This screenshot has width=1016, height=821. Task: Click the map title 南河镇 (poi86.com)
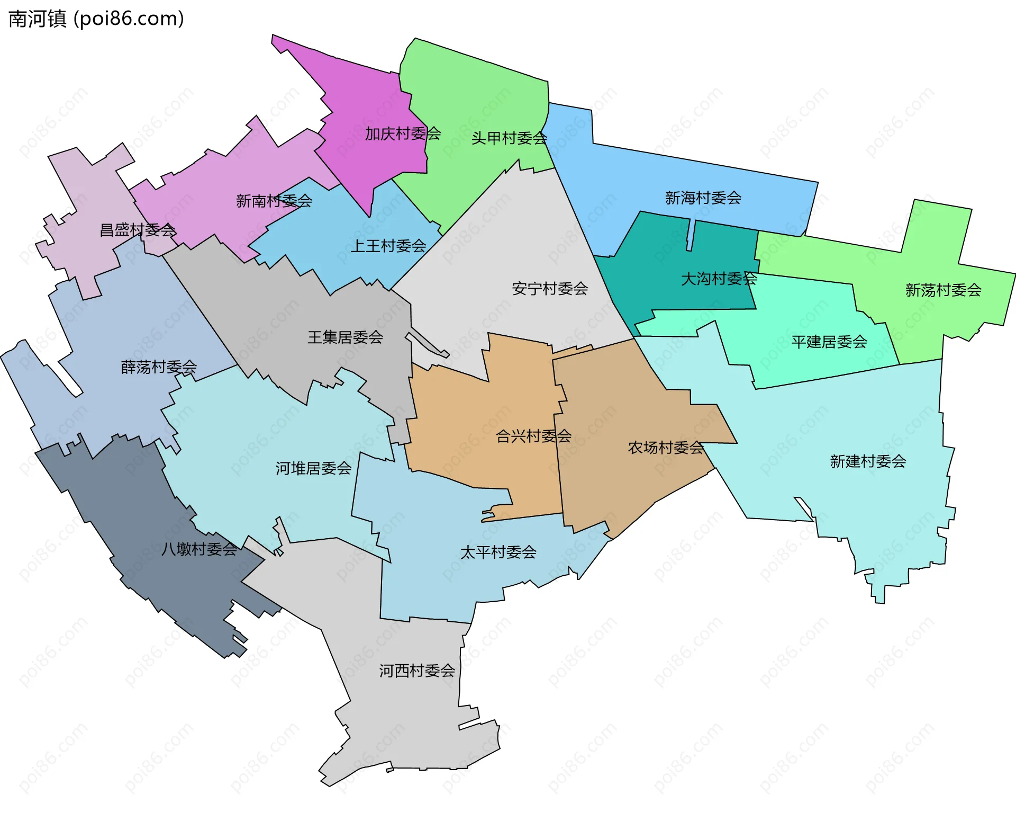[x=96, y=19]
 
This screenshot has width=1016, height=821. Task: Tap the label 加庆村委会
[x=403, y=133]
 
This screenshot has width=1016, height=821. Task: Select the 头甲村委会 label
[x=509, y=138]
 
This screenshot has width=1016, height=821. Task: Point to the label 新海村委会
[x=703, y=198]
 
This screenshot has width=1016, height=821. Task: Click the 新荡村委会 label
[x=943, y=290]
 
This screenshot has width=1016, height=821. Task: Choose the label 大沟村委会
[x=719, y=279]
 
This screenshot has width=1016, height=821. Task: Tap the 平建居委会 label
[x=829, y=342]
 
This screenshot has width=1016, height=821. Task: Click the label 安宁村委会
[x=550, y=289]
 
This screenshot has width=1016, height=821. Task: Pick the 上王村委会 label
[x=388, y=246]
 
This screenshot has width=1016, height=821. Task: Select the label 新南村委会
[x=274, y=201]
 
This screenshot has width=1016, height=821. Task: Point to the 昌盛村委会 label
[x=138, y=230]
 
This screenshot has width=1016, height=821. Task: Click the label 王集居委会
[x=345, y=337]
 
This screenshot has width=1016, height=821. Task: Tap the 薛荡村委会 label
[x=159, y=367]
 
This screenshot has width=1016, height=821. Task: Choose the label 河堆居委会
[x=313, y=468]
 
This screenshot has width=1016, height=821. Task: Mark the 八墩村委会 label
[x=199, y=549]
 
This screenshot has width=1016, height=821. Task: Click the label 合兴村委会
[x=533, y=436]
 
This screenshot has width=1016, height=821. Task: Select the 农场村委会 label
[x=666, y=448]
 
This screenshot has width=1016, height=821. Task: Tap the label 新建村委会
[x=868, y=461]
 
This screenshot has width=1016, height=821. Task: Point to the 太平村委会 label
[x=498, y=552]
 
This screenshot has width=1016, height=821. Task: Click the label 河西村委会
[x=417, y=671]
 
